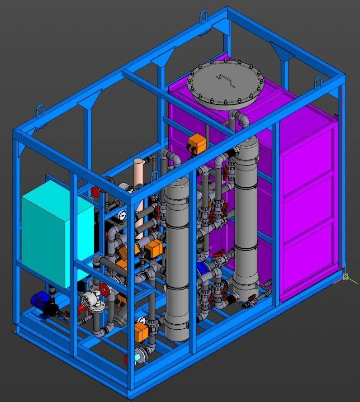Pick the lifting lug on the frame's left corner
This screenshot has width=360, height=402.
tap(40, 111)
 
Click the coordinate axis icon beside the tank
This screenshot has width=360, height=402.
tap(346, 276)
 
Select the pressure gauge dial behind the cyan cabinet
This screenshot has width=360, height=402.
tap(122, 215)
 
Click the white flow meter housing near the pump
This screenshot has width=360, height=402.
tap(89, 300)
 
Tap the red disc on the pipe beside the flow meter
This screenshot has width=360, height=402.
tap(104, 289)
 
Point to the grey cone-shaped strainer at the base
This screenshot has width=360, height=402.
tap(122, 317)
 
